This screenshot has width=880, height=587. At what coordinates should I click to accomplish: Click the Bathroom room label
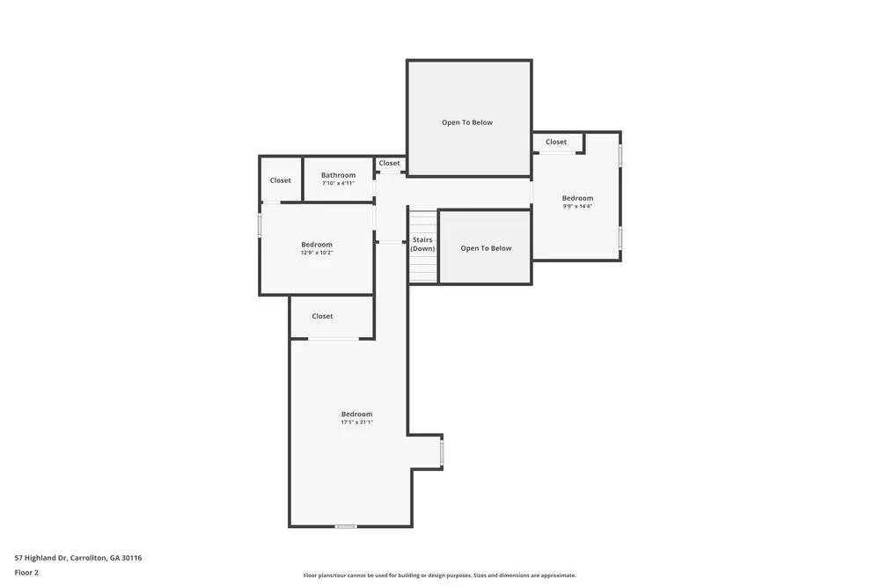click(x=338, y=175)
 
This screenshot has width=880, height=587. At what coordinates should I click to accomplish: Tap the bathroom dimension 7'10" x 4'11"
click(x=338, y=184)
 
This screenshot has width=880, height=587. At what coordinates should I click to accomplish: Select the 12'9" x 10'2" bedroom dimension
click(x=317, y=253)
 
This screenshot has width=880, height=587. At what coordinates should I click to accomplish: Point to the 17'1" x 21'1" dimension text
click(x=356, y=422)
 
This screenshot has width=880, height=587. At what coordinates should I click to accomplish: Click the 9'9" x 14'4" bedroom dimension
click(x=577, y=207)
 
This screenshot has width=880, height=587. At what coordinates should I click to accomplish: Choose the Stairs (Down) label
click(x=422, y=244)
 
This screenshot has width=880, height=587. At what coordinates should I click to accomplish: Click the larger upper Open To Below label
click(x=467, y=122)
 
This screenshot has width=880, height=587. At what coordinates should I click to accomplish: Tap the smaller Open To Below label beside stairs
click(x=486, y=248)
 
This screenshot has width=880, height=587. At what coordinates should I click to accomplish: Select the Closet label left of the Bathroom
click(x=280, y=180)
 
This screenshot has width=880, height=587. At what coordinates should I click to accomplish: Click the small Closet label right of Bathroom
click(x=389, y=163)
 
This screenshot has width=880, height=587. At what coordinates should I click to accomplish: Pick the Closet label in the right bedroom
click(x=556, y=142)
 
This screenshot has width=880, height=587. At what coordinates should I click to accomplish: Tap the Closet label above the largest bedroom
click(x=322, y=316)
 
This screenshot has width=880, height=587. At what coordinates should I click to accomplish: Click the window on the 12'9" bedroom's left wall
click(x=260, y=225)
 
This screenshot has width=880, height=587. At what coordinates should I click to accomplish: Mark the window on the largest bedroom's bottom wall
click(x=346, y=526)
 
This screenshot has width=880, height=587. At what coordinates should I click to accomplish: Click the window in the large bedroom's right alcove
click(x=442, y=453)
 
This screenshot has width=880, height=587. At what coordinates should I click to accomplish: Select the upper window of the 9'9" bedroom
click(x=620, y=156)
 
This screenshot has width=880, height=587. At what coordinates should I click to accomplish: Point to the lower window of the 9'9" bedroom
click(x=620, y=238)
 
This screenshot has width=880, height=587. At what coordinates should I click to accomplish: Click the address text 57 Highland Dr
click(x=78, y=558)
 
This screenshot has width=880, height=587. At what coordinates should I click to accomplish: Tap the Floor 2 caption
click(x=26, y=572)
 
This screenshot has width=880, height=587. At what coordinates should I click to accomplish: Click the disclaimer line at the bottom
click(x=440, y=576)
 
